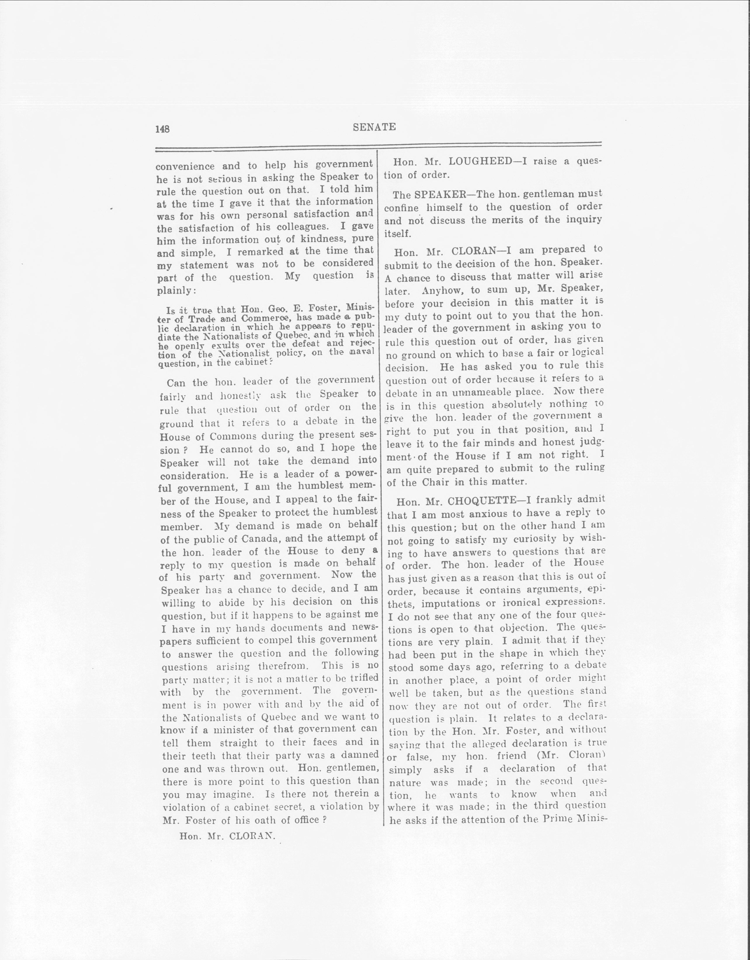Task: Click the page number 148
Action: pyautogui.click(x=162, y=129)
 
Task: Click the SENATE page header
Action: pyautogui.click(x=374, y=127)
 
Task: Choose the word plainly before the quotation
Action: pyautogui.click(x=174, y=291)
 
